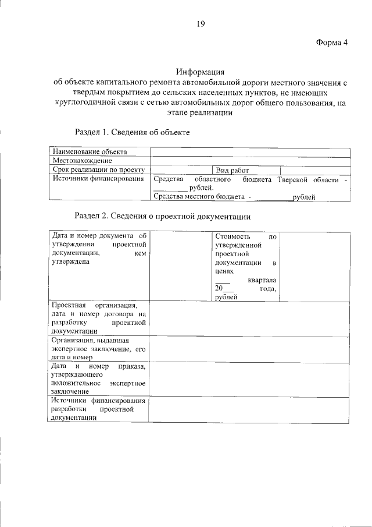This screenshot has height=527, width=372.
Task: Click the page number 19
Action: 200,24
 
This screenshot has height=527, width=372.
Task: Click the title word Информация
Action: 200,72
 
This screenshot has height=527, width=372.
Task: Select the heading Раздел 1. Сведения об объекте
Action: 132,132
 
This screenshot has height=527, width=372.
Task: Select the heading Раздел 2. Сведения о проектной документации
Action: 163,216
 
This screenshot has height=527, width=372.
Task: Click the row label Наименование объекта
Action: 90,152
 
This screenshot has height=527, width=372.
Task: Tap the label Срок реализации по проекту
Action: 98,170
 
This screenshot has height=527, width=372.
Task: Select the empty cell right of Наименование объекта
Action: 250,152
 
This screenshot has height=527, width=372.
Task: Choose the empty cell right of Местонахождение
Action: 250,161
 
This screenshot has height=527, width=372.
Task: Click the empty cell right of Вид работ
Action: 314,170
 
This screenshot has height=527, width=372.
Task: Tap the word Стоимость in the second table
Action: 233,237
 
